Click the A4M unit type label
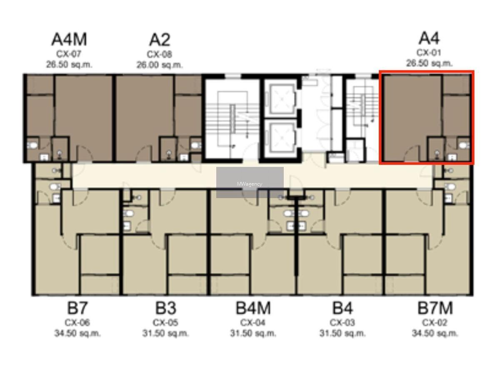point(69,40)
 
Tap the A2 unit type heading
point(160,40)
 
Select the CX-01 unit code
point(429,53)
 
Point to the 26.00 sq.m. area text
point(160,65)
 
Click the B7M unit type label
point(435,308)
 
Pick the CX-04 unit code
point(253,323)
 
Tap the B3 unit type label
point(166,308)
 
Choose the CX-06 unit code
point(77,323)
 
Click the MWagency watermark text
point(250,184)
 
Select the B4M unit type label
point(253,308)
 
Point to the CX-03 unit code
point(342,323)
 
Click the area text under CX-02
point(435,333)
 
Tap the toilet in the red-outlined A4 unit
point(464,146)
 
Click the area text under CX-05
point(166,333)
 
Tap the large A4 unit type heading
point(429,38)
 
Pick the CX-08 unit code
point(159,55)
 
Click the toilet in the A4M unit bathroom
point(32,146)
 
